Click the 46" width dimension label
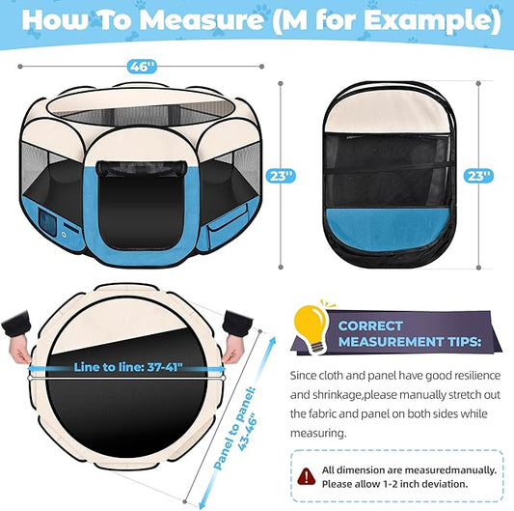(142, 67)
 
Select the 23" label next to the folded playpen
(479, 175)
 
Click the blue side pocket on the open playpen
(224, 217)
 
